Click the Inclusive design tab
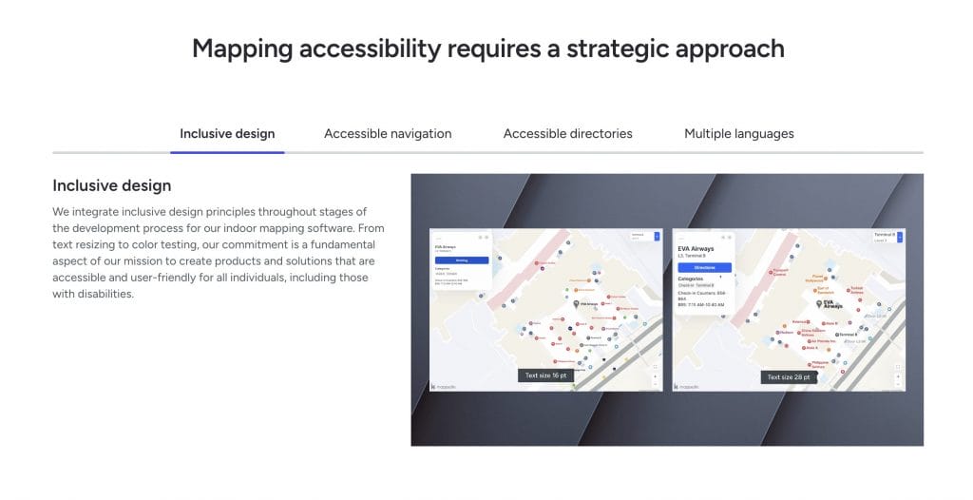(227, 134)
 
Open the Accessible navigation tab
(388, 134)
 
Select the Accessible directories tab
(567, 134)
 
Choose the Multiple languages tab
(738, 134)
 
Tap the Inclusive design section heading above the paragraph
(111, 185)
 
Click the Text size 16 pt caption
(548, 375)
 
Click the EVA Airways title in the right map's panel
(696, 249)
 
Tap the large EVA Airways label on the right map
(832, 304)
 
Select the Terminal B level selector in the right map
(887, 237)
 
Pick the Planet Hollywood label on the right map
(814, 279)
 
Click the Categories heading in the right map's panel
(691, 279)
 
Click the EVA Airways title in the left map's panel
(446, 247)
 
